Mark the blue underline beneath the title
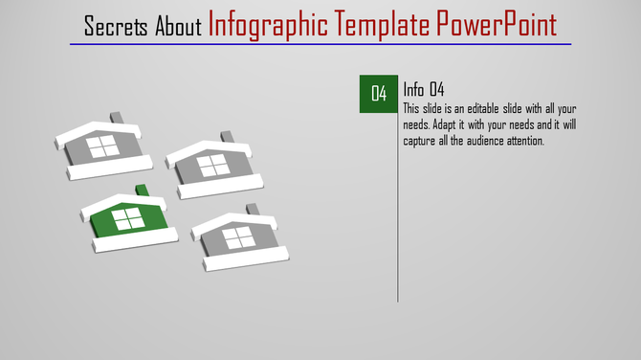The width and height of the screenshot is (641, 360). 320,44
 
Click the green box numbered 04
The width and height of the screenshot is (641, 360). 379,93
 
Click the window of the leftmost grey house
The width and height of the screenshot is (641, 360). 102,146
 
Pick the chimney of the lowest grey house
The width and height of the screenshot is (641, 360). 253,209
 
